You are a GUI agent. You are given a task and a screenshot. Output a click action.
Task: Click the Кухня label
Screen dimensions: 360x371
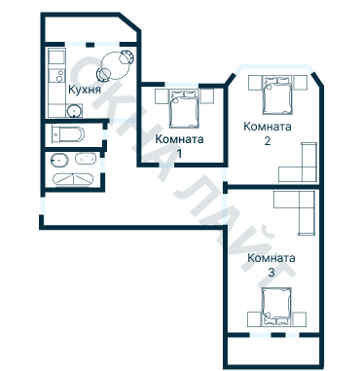click(85, 90)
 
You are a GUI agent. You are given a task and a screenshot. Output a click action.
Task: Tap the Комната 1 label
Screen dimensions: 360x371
click(179, 146)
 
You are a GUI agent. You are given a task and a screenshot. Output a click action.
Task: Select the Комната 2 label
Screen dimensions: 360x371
click(268, 133)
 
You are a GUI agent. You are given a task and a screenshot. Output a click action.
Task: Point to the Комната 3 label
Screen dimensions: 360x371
click(271, 265)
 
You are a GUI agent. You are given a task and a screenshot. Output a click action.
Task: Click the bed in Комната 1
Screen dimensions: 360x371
click(184, 109)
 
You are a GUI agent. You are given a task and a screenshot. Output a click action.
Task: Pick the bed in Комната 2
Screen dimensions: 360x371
click(276, 95)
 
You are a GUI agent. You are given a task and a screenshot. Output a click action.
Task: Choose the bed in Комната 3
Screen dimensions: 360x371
click(276, 307)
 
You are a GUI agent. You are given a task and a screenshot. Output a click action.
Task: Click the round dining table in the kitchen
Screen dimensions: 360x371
click(115, 66)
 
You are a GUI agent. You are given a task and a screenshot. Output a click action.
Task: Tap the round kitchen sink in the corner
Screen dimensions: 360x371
click(74, 111)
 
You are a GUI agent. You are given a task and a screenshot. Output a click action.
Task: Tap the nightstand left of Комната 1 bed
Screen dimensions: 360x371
click(162, 96)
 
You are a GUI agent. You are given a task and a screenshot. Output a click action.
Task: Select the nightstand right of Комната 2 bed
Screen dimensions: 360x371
click(301, 83)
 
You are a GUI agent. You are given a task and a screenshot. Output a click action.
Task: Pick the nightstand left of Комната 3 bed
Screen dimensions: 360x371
click(255, 319)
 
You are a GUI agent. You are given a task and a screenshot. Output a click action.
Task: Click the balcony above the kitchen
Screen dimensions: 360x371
click(90, 28)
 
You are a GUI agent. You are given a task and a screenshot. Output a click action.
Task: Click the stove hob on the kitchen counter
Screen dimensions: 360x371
click(57, 77)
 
